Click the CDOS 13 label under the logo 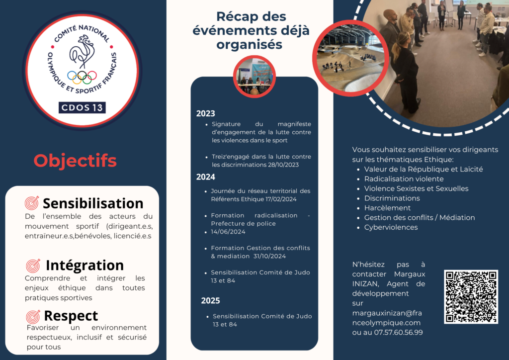[82, 107]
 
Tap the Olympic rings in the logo [82, 77]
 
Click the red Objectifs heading [75, 161]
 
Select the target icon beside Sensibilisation [32, 203]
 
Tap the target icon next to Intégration [33, 266]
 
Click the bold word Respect [71, 316]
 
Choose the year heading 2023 [205, 113]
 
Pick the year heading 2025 [210, 301]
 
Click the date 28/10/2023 [283, 165]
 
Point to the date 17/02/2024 [281, 199]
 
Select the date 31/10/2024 [269, 256]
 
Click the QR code [471, 297]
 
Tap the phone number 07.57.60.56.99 [398, 333]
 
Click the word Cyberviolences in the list [391, 227]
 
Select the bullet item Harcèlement [387, 208]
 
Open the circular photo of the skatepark [350, 58]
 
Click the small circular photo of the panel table [254, 77]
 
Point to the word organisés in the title [250, 44]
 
